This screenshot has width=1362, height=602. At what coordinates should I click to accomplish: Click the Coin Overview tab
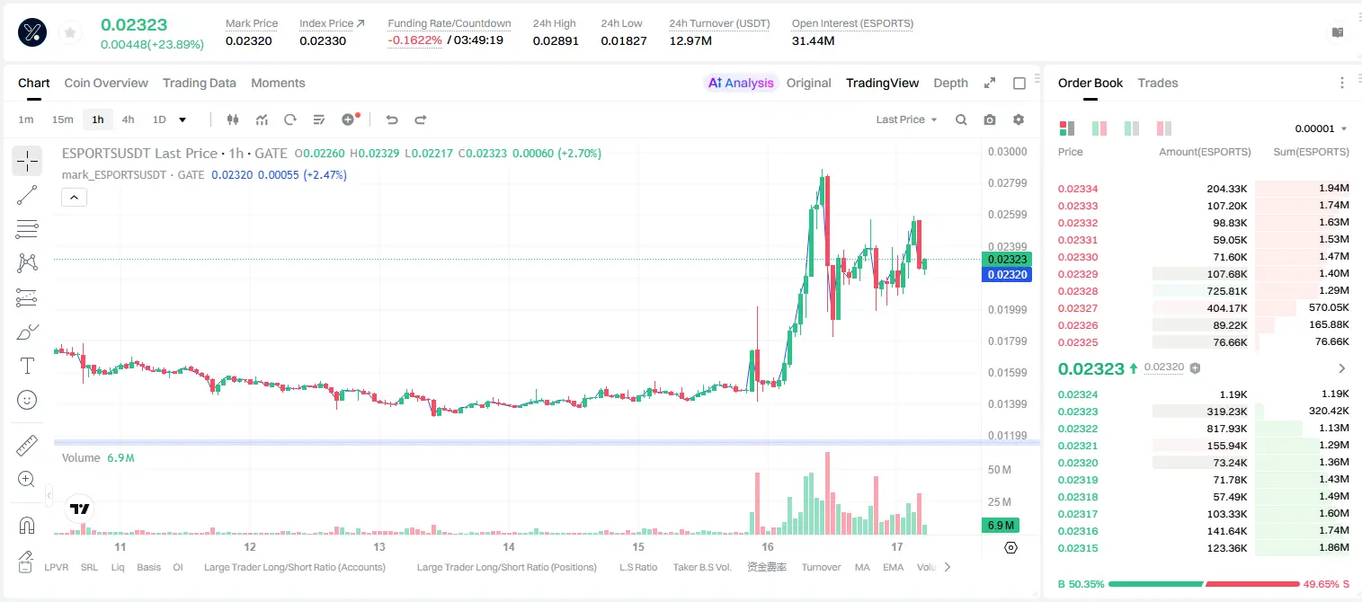tap(106, 83)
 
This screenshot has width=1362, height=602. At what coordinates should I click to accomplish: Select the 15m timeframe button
tap(62, 120)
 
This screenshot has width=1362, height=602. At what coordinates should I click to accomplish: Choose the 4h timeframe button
tap(128, 120)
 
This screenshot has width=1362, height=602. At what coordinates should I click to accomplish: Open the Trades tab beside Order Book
tap(1158, 83)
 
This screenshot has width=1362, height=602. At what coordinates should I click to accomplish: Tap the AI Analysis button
tap(741, 83)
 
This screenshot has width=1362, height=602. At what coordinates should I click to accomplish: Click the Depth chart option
tap(950, 83)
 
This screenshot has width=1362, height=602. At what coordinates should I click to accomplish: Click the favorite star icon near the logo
tap(70, 32)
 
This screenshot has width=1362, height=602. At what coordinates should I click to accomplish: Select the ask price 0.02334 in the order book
tap(1077, 189)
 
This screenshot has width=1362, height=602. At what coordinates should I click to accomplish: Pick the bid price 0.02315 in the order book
tap(1077, 548)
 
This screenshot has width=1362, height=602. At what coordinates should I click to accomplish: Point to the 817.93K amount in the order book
tap(1226, 429)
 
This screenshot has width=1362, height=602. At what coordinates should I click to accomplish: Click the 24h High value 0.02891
tap(555, 40)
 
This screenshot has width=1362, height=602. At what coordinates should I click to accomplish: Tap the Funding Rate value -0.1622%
tap(414, 40)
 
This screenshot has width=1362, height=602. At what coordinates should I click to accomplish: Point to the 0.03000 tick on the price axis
tap(1007, 151)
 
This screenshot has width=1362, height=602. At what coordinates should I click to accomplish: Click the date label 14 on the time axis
tap(508, 546)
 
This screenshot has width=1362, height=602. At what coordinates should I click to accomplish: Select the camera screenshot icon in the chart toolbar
tap(990, 120)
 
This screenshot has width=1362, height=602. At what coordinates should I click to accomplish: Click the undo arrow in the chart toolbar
tap(392, 120)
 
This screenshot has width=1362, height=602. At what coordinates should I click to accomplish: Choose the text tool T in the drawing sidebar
tap(27, 366)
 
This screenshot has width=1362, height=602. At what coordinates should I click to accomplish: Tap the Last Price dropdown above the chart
tap(906, 120)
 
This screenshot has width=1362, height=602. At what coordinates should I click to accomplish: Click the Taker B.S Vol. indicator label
tap(701, 567)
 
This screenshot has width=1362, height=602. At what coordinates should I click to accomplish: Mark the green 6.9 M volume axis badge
tap(1001, 525)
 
